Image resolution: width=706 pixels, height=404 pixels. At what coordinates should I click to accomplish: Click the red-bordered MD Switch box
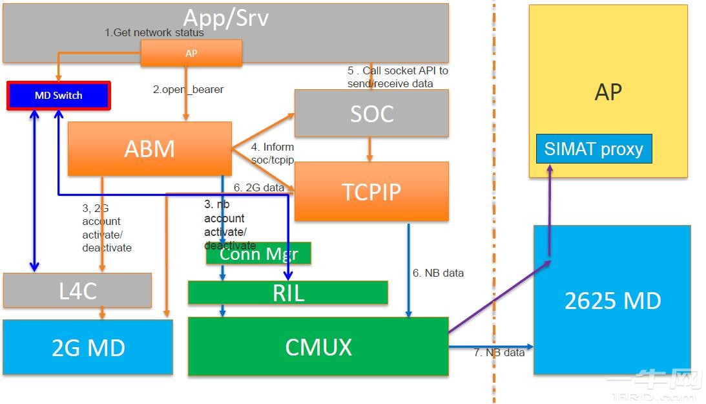[59, 96]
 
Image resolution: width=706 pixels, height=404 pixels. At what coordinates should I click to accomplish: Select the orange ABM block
[149, 149]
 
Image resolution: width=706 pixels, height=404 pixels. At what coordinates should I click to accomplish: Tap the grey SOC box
[371, 113]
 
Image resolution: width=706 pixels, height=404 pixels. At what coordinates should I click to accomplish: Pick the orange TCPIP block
[371, 191]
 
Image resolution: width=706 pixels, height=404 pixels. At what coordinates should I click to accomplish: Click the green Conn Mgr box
[258, 253]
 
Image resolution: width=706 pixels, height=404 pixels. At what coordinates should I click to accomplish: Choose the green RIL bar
[288, 293]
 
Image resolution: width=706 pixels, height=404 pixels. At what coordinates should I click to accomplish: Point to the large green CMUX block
[318, 346]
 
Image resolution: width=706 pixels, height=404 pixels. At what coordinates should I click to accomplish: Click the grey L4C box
[77, 290]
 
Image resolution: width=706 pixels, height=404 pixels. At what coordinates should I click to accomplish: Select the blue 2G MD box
[88, 347]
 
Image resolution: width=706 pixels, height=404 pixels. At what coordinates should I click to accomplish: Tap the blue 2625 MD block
[612, 300]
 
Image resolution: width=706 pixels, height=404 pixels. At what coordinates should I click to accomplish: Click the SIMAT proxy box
[594, 149]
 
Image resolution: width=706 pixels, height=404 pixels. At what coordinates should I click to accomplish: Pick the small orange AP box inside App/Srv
[191, 53]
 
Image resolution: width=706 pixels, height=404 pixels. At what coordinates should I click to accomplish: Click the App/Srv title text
[225, 18]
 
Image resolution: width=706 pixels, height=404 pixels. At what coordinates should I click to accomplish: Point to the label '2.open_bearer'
[188, 90]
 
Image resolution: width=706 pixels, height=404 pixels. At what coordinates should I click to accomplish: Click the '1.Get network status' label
[154, 32]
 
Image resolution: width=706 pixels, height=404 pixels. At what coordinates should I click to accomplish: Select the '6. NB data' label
[438, 273]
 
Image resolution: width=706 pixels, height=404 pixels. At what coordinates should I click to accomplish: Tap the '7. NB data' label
[499, 352]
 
